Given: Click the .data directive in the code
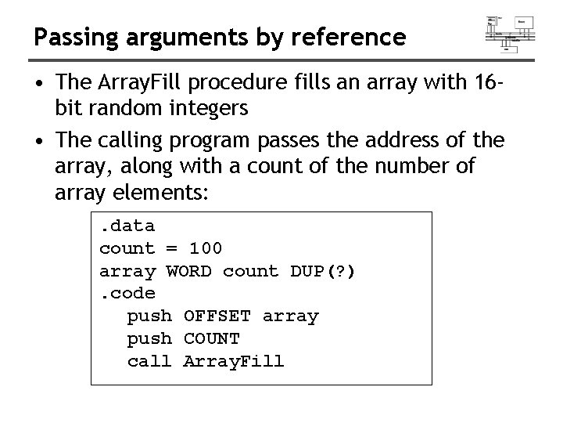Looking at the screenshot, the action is pos(127,226).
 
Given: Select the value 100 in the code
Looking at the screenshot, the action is pos(206,248).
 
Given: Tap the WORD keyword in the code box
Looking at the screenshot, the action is pos(189,271).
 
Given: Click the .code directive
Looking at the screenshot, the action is pos(127,294).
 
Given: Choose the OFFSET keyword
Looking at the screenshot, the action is pos(217,316).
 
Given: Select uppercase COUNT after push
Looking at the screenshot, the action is pos(211,339).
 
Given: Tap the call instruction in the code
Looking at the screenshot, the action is pos(149,361).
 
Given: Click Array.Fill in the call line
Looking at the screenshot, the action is pos(234,361).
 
